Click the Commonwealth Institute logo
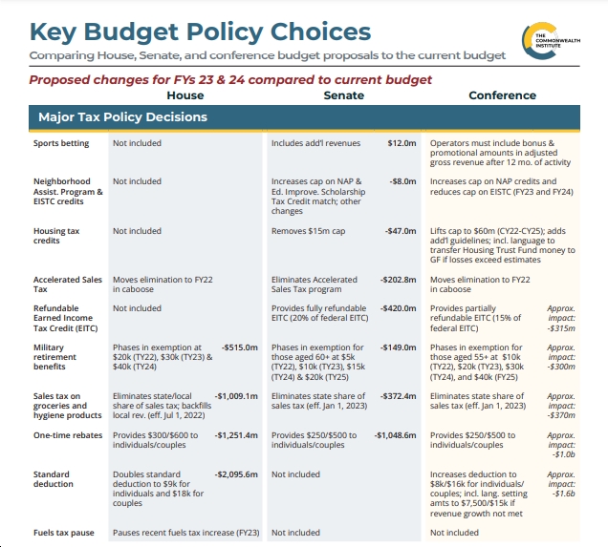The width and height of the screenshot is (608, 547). [551, 41]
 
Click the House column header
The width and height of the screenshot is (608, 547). [185, 95]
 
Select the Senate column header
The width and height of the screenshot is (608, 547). [344, 95]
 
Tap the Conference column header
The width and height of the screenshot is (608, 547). [503, 95]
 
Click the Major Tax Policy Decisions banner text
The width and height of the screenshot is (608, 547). [123, 116]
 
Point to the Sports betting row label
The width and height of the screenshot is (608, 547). [61, 143]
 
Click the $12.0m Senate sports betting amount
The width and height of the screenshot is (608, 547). [402, 143]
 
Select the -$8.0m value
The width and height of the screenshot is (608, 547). [402, 181]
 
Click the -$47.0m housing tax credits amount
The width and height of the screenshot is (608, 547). [401, 231]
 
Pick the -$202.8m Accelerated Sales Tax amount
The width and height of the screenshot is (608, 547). [399, 280]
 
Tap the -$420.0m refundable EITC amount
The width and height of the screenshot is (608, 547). [399, 308]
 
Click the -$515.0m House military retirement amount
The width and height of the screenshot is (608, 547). [240, 347]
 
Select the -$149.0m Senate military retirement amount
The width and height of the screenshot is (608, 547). [399, 347]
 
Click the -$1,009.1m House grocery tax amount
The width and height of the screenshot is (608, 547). [236, 396]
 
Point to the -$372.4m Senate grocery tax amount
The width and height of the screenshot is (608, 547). [399, 396]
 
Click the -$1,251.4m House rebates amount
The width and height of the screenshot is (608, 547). [236, 435]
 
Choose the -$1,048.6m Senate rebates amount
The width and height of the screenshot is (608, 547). [395, 435]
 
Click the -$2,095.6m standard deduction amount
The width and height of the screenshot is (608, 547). [236, 474]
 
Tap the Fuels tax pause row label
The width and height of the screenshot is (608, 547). [64, 533]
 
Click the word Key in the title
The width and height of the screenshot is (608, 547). [54, 32]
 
